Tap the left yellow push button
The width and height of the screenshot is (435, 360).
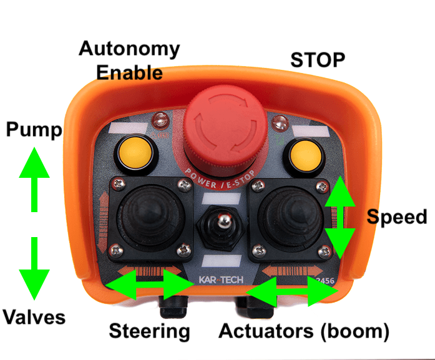pyautogui.click(x=135, y=153)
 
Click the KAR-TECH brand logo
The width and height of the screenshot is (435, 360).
pyautogui.click(x=221, y=280)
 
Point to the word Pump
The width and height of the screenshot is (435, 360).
pyautogui.click(x=34, y=130)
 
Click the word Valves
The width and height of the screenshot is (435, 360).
pyautogui.click(x=34, y=317)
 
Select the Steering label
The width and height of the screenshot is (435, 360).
pyautogui.click(x=149, y=331)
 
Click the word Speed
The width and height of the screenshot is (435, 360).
pyautogui.click(x=397, y=217)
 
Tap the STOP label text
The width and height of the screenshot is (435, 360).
pyautogui.click(x=318, y=60)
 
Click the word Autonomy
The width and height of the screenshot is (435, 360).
pyautogui.click(x=129, y=49)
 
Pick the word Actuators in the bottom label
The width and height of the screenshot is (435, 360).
pyautogui.click(x=266, y=331)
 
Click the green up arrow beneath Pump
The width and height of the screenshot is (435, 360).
pyautogui.click(x=34, y=180)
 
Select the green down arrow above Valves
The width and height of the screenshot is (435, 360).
pyautogui.click(x=34, y=268)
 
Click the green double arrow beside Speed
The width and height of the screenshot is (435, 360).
pyautogui.click(x=340, y=218)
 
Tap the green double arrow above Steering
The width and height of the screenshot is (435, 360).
pyautogui.click(x=150, y=285)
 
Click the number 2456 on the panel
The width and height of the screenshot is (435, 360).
pyautogui.click(x=325, y=281)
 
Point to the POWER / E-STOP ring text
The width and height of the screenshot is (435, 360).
pyautogui.click(x=220, y=180)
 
